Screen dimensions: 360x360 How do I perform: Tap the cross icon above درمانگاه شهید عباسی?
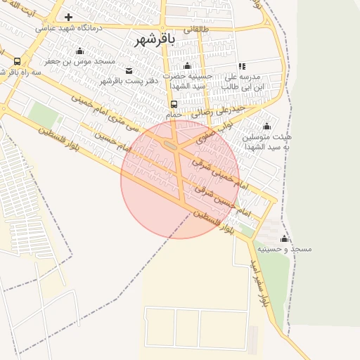[x=68, y=16]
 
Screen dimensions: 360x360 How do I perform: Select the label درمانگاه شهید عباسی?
[x=69, y=27]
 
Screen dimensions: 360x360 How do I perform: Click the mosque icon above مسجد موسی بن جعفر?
[x=79, y=51]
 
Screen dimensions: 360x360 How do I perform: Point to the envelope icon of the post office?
[x=129, y=70]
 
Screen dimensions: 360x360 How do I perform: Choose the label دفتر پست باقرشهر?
[x=125, y=81]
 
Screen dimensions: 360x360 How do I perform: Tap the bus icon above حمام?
[x=174, y=104]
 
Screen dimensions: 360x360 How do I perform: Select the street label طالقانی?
[x=198, y=30]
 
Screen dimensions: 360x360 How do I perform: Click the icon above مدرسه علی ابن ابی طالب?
[x=242, y=65]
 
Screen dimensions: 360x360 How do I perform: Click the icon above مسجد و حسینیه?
[x=284, y=238]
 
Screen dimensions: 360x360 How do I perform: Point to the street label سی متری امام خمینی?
[x=101, y=112]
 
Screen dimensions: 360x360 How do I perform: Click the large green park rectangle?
[x=43, y=113]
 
